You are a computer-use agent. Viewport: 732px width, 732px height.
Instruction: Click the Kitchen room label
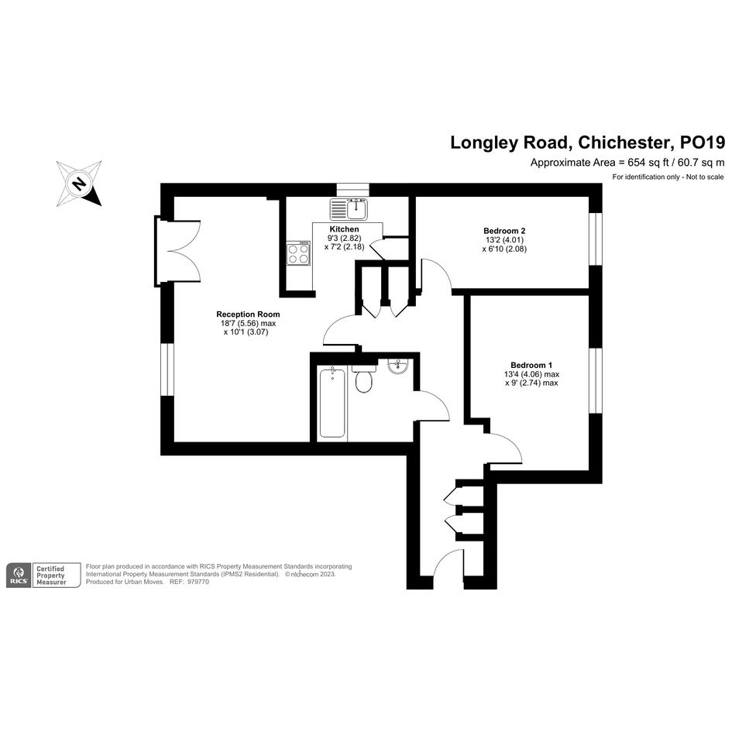[344, 229]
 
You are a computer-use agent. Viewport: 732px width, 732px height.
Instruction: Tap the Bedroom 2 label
[504, 231]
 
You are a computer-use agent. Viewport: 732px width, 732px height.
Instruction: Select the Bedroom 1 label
[531, 365]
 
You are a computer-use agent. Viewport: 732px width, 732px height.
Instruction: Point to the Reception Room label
[248, 314]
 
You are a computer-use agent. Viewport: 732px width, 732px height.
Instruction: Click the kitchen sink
[349, 208]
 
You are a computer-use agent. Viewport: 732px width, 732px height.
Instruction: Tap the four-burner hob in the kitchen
[298, 253]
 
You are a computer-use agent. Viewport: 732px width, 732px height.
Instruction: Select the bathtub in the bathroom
[332, 403]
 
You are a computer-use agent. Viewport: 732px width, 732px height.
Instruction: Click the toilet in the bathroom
[363, 379]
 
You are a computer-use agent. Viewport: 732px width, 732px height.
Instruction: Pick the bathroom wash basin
[397, 366]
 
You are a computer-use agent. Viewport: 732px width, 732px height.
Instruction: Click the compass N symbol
[79, 183]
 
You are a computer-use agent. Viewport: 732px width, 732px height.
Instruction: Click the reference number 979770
[198, 583]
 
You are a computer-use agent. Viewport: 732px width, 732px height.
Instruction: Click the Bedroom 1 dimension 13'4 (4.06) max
[531, 374]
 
